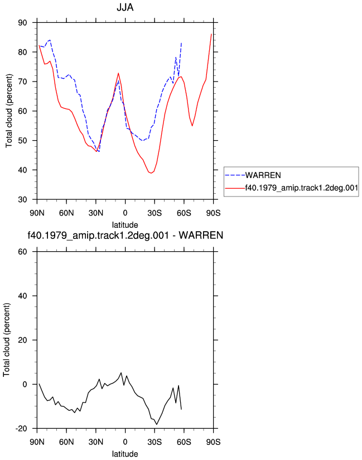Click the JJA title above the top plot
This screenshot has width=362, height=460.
(x=125, y=7)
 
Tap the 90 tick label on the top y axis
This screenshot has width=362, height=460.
(x=22, y=22)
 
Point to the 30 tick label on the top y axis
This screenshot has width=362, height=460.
(x=22, y=199)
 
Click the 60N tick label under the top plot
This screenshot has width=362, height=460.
(x=66, y=213)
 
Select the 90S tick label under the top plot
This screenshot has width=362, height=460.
(x=213, y=213)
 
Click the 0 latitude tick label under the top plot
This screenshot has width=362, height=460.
(x=125, y=213)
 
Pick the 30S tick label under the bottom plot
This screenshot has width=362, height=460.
(x=155, y=442)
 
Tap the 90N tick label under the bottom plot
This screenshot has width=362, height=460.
(x=37, y=442)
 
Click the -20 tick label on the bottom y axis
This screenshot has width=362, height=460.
(x=21, y=429)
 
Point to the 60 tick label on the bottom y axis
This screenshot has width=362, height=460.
(x=22, y=252)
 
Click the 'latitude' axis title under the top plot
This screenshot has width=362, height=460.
(x=125, y=225)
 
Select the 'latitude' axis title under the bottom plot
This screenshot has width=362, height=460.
(x=125, y=454)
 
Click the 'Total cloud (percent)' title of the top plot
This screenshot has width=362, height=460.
(x=9, y=111)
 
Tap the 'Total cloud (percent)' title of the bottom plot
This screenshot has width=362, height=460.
(x=7, y=340)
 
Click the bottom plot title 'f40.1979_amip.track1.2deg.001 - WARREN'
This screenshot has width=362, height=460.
(x=125, y=235)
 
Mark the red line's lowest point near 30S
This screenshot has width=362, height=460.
(x=151, y=173)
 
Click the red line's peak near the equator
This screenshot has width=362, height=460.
(x=118, y=73)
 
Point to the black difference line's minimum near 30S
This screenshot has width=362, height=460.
(x=157, y=424)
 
